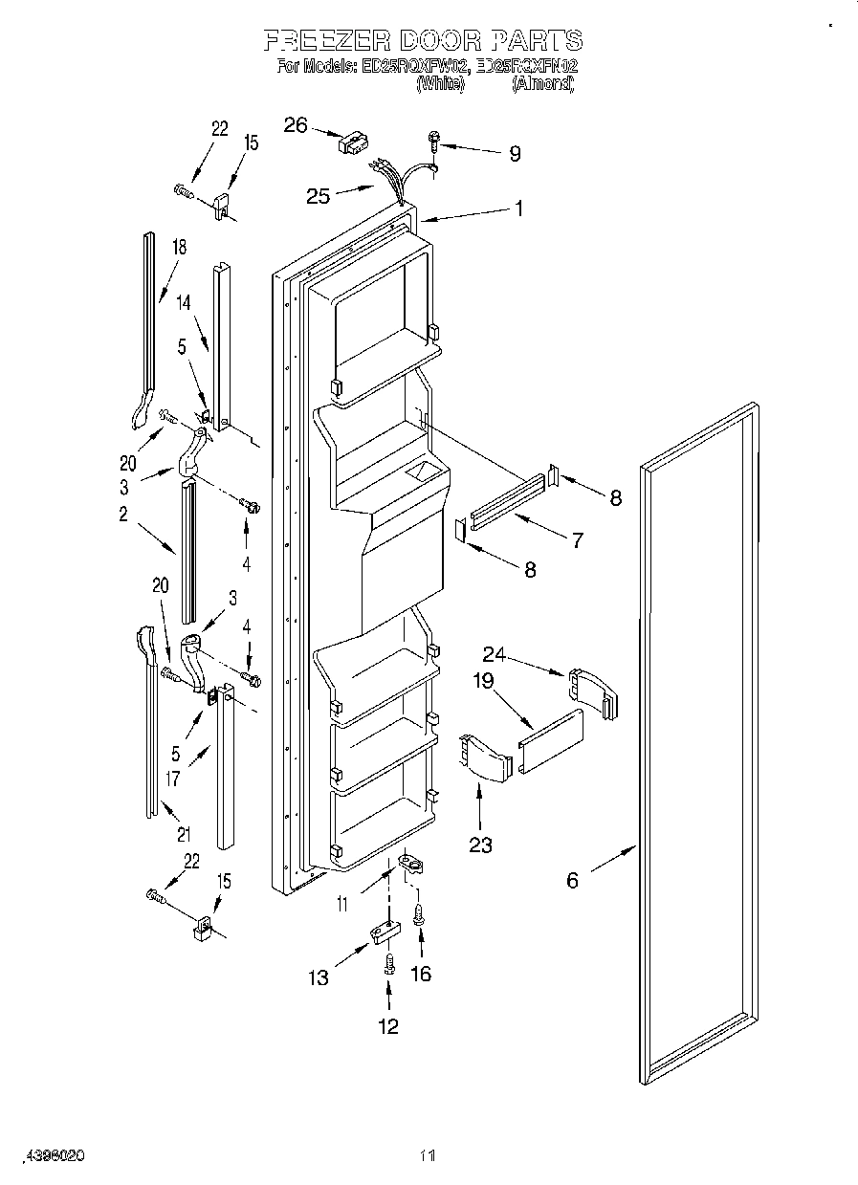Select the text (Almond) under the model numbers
(542, 84)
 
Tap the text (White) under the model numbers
(440, 84)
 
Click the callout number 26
(297, 125)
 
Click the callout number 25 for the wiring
(319, 196)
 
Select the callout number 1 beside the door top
(519, 208)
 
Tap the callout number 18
(178, 248)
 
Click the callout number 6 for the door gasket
(572, 880)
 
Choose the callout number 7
(577, 540)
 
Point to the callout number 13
(319, 977)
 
